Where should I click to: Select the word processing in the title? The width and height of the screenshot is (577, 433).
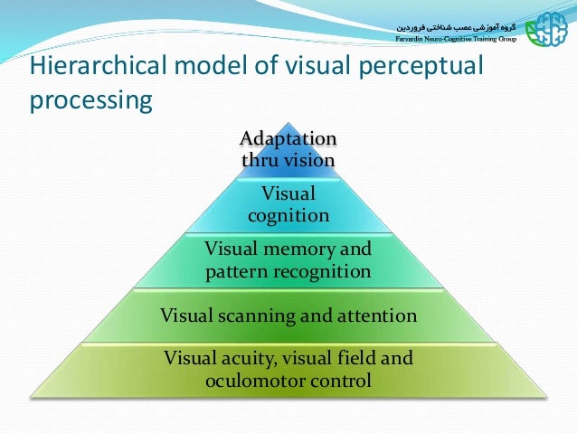[90, 100]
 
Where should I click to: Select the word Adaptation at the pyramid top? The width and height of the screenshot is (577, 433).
[288, 139]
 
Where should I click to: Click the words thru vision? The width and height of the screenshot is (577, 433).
[288, 160]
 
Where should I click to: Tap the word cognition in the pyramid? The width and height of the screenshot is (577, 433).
[288, 215]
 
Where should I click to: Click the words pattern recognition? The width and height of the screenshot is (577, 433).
[288, 270]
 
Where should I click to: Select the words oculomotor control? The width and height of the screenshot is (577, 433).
[288, 381]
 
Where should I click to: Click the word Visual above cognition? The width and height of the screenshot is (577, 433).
[288, 193]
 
